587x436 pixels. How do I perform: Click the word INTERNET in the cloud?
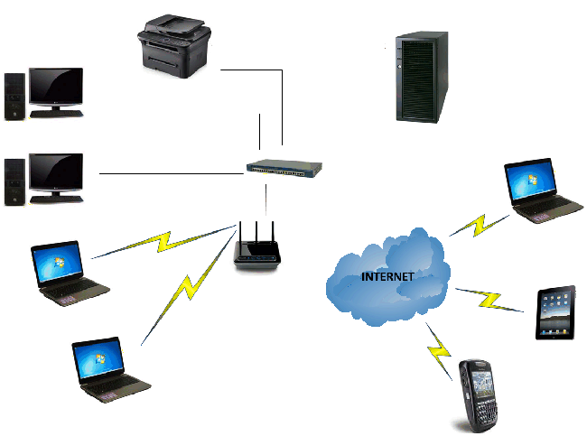387,276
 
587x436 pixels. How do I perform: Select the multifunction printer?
174,46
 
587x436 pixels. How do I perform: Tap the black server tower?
422,77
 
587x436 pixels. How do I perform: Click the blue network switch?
284,168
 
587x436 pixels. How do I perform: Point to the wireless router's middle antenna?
256,232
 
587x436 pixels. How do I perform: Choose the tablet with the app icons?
555,313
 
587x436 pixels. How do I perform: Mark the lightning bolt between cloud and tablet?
489,300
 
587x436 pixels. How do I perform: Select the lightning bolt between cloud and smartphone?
439,351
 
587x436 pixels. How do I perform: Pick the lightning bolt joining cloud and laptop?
480,225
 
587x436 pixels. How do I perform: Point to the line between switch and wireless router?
266,199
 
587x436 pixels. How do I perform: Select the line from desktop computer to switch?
172,173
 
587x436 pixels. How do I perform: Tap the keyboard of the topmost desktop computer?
57,114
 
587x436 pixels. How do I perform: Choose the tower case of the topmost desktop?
15,97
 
